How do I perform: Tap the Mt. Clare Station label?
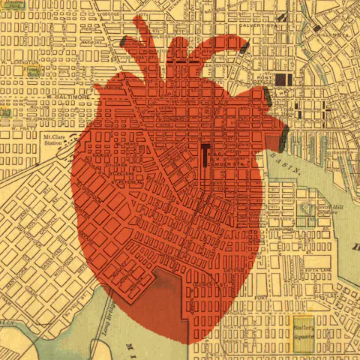[52, 141]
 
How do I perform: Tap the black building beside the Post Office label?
[283, 79]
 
